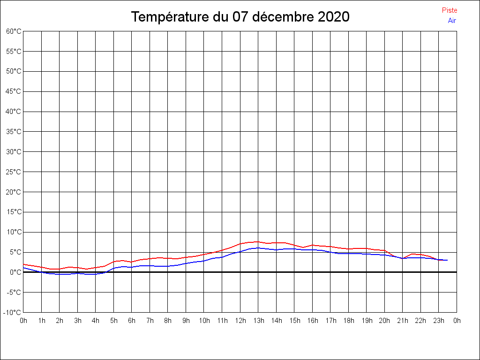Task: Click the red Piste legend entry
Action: [x=450, y=10]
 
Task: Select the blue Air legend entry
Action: [x=452, y=21]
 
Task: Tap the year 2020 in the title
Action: [x=334, y=16]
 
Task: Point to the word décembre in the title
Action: [x=283, y=16]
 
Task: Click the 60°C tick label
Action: [x=14, y=31]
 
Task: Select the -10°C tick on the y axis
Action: [x=12, y=313]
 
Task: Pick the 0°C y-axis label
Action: [x=15, y=272]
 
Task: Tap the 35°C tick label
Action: [x=14, y=132]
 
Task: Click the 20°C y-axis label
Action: [x=14, y=192]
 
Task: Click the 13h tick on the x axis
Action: [x=259, y=321]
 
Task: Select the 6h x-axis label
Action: [x=132, y=321]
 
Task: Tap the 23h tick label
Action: [x=439, y=321]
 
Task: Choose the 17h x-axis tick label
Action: [x=331, y=321]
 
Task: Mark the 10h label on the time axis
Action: [x=204, y=321]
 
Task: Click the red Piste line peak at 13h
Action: [x=258, y=241]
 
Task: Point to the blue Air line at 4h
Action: [x=96, y=274]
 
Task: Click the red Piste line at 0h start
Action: [x=23, y=264]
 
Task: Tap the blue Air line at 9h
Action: [x=186, y=263]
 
